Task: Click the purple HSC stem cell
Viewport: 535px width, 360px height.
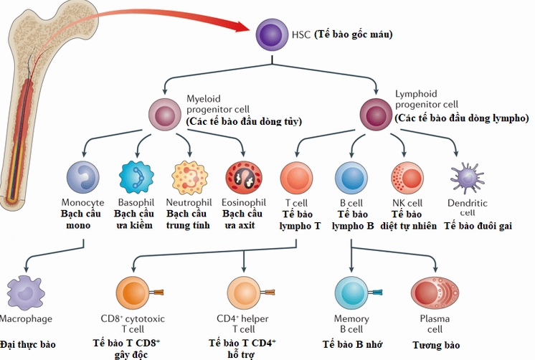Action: pos(272,34)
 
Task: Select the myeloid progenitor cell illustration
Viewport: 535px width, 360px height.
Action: pos(164,115)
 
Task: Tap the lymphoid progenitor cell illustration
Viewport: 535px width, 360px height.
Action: pos(376,114)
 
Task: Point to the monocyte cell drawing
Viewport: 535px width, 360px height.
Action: pos(82,177)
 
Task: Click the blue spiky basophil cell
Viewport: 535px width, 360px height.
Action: pos(136,177)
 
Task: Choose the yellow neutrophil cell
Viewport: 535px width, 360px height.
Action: pos(190,178)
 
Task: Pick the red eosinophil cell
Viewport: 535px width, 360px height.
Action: pos(244,178)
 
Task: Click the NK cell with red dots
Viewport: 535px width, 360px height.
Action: pos(407,178)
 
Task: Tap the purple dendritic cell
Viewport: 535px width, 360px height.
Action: pos(467,178)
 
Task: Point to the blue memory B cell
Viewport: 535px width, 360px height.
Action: pos(351,293)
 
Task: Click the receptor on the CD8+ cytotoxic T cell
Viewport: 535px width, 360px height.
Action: pos(157,292)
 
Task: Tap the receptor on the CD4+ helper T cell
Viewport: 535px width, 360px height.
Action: pos(267,292)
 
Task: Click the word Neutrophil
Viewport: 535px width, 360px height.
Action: pos(189,202)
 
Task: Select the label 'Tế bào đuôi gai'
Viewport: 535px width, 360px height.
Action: pos(478,226)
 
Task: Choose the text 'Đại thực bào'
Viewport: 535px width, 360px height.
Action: pos(28,344)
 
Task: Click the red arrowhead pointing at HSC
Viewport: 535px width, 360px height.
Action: pos(244,27)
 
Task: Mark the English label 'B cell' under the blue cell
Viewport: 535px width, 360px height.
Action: pos(351,203)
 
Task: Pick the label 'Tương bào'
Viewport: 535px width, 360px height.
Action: pos(436,345)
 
